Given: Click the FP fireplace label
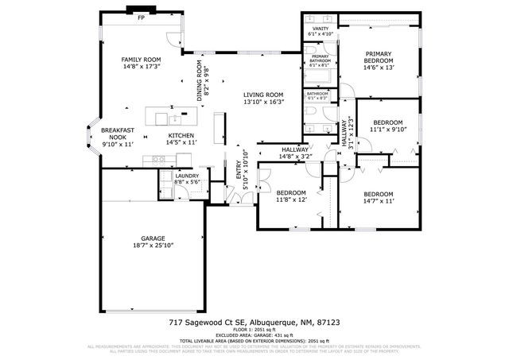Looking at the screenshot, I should tap(142, 17).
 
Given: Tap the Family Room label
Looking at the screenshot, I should tap(141, 60).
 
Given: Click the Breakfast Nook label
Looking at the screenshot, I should tap(117, 134).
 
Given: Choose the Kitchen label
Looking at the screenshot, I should tap(181, 136).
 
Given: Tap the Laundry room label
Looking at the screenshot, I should tap(187, 176).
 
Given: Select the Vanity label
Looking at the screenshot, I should tap(321, 29).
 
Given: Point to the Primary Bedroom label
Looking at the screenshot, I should tap(379, 56).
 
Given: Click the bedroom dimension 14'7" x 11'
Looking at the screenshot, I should tap(379, 202).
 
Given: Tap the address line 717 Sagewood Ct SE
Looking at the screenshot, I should tap(254, 323).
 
